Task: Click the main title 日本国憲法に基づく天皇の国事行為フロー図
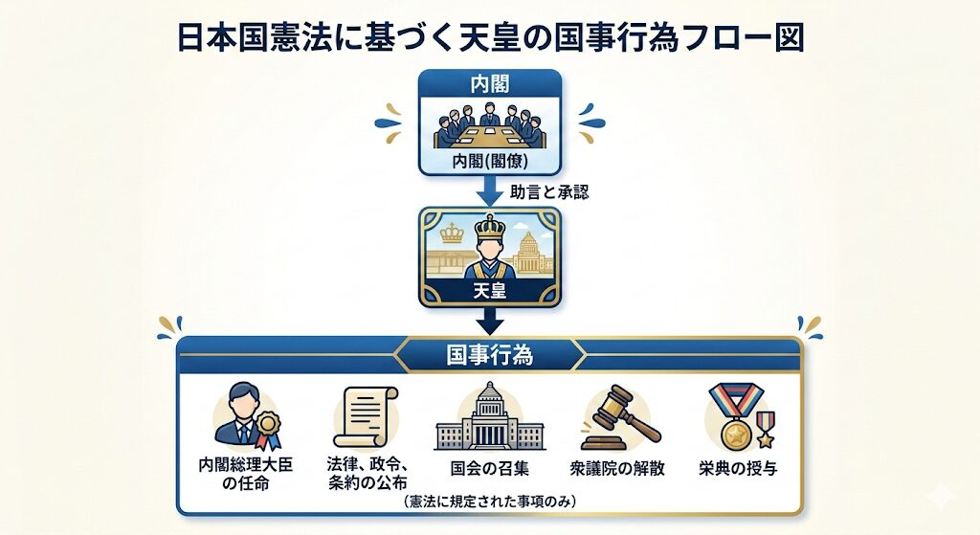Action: tap(490, 37)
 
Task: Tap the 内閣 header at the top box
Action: tap(490, 84)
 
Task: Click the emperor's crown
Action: tap(489, 229)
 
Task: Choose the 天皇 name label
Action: tap(490, 288)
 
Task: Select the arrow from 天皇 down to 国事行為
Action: tap(490, 318)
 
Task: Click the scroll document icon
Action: tap(366, 417)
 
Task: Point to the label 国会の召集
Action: tap(489, 470)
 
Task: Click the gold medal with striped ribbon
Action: tap(738, 421)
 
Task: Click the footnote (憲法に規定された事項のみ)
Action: tap(489, 502)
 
